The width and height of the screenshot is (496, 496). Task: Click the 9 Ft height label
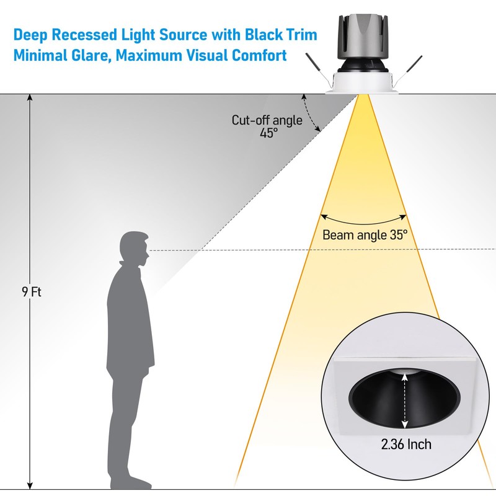30,291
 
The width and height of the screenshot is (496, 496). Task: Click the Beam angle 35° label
365,235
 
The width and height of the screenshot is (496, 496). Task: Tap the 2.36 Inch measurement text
406,444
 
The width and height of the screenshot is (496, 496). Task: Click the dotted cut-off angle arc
312,113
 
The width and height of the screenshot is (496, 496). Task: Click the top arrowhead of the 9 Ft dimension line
30,97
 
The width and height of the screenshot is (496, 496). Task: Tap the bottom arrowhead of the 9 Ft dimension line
30,485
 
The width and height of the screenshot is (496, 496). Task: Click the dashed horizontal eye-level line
248,250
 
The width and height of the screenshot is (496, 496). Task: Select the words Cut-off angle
267,120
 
